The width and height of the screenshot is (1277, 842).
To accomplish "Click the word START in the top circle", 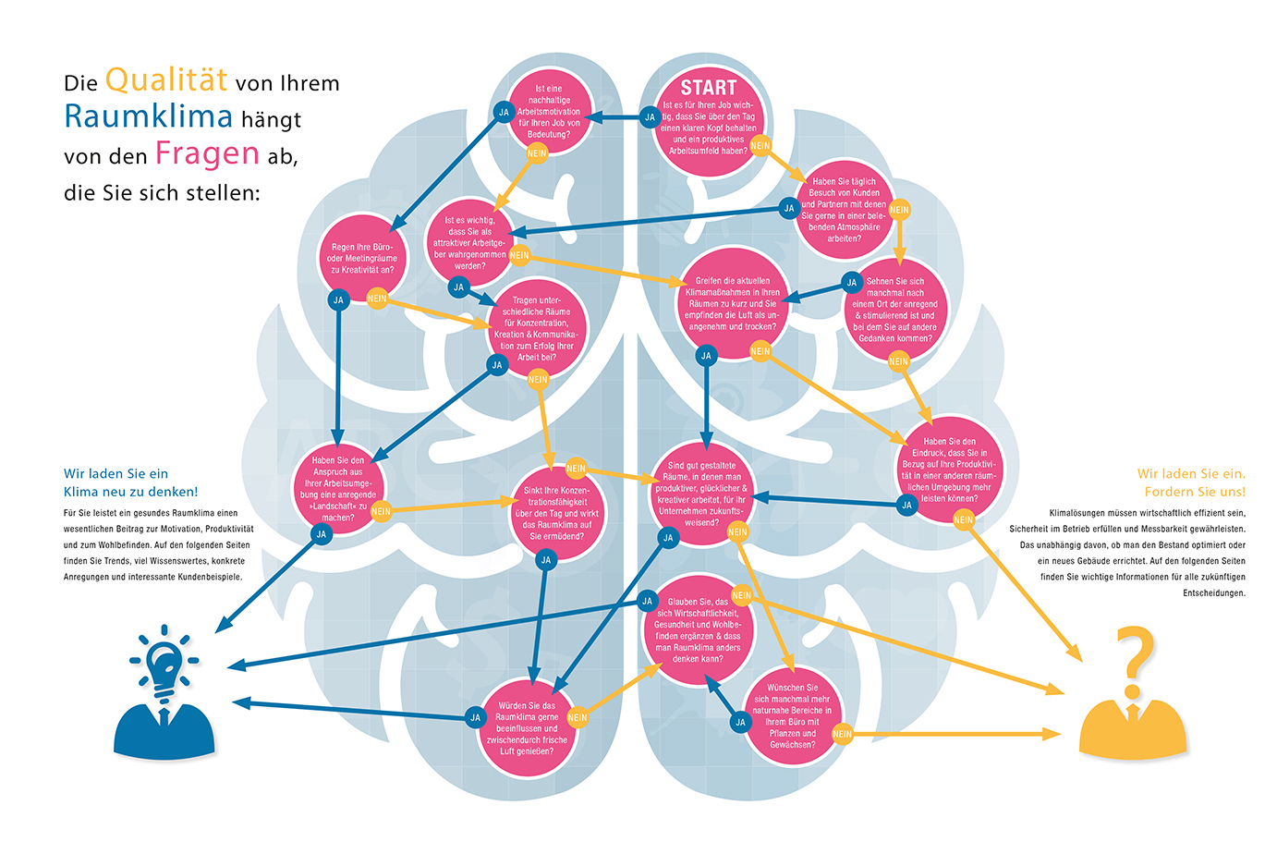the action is [709, 88].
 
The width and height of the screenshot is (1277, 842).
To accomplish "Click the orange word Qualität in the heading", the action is [166, 79].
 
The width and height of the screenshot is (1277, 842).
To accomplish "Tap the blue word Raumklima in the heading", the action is [148, 116].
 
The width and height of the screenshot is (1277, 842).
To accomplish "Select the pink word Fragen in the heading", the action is [208, 154].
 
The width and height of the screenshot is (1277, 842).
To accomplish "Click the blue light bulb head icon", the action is [164, 691].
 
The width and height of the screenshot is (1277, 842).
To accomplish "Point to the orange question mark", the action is [1135, 661].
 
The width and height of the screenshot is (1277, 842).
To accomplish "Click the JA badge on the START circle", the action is [650, 117].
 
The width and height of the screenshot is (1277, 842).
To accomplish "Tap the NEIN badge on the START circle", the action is [760, 146].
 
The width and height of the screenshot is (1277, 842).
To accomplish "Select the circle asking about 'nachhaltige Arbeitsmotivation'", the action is [549, 112].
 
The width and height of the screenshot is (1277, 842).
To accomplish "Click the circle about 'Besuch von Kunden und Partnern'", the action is [844, 210].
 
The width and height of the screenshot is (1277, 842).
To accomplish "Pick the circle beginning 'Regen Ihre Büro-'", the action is [362, 258].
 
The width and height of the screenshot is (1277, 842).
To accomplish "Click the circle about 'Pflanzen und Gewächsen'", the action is [793, 716].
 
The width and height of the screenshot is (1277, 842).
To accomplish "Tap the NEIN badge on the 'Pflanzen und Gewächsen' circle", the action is [842, 734].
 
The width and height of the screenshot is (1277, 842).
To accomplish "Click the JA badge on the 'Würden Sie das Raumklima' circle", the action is [475, 718].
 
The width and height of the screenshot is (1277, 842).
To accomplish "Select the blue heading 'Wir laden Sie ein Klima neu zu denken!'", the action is [130, 482].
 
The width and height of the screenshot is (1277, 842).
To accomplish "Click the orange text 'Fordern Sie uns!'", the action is [1195, 492].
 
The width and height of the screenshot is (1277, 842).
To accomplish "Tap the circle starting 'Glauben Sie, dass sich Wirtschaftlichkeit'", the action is [698, 630].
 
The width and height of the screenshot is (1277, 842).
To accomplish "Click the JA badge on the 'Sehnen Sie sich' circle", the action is [852, 283].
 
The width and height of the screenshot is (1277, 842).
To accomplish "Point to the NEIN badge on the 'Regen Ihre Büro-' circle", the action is [377, 299].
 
